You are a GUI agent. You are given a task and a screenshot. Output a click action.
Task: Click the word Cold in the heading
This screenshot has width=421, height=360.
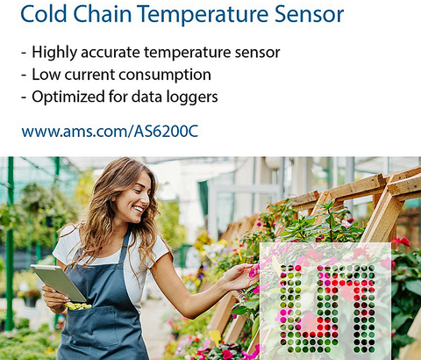pyautogui.click(x=44, y=13)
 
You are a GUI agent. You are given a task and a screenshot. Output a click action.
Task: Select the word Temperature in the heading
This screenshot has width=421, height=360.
pyautogui.click(x=203, y=15)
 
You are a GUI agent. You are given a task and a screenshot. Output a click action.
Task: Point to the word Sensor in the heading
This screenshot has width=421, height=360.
pyautogui.click(x=309, y=13)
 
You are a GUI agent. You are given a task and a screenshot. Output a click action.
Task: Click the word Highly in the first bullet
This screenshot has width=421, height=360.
pyautogui.click(x=54, y=53)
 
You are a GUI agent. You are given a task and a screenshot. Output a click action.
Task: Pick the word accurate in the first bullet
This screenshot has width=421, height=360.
pyautogui.click(x=111, y=53)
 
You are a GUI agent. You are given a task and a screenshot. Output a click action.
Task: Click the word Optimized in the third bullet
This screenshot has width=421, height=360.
pyautogui.click(x=68, y=97)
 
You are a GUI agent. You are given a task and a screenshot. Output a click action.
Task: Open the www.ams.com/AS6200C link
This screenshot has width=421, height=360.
pyautogui.click(x=110, y=131)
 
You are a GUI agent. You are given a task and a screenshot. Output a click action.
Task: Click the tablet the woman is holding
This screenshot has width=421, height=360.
pyautogui.click(x=59, y=283)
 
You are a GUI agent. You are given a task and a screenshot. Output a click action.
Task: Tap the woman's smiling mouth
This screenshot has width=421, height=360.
pyautogui.click(x=138, y=209)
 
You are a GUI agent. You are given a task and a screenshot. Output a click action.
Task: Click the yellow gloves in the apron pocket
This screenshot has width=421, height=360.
pyautogui.click(x=78, y=306)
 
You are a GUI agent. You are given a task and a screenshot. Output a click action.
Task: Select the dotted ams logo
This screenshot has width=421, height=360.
pyautogui.click(x=325, y=308)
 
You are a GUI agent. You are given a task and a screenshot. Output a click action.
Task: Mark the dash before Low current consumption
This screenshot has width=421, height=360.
pyautogui.click(x=24, y=76)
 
